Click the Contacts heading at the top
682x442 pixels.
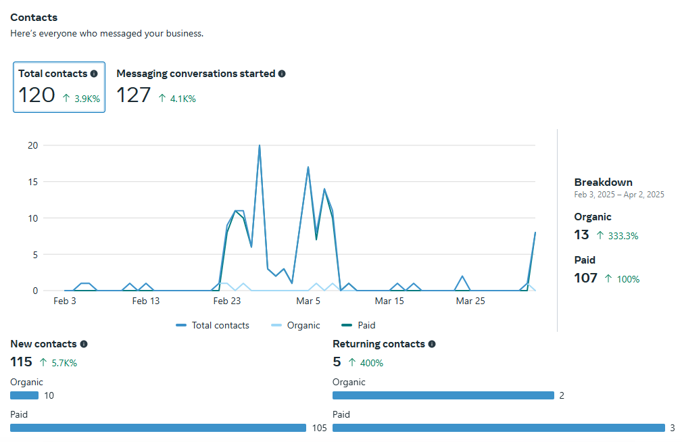(x=34, y=18)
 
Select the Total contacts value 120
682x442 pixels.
(x=36, y=95)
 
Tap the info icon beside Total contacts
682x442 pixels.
(x=94, y=74)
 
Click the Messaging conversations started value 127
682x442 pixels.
(x=134, y=95)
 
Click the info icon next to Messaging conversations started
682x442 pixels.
(x=282, y=74)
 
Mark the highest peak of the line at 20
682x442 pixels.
(x=260, y=146)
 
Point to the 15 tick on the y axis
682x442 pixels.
(x=32, y=182)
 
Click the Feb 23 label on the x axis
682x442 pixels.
(x=227, y=301)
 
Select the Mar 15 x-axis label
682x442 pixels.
(x=389, y=301)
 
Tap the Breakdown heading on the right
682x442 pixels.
(x=603, y=182)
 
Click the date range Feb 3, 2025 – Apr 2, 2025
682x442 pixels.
(x=619, y=195)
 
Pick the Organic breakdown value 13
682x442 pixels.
(x=581, y=235)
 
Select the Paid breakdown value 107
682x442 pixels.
(x=585, y=278)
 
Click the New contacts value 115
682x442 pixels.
(x=22, y=362)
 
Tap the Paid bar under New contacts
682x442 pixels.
(x=158, y=428)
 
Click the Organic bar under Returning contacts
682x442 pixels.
(x=443, y=395)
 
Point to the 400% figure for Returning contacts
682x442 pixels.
(x=371, y=364)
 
